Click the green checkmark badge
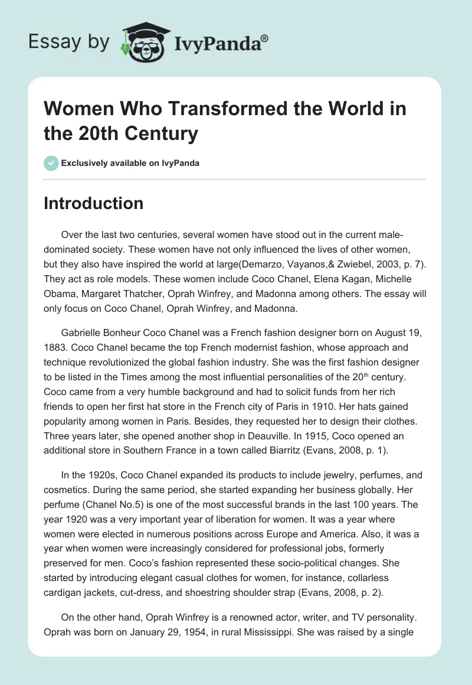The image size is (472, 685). click(x=51, y=163)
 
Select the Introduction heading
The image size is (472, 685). click(x=94, y=203)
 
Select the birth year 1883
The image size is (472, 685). click(x=56, y=348)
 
